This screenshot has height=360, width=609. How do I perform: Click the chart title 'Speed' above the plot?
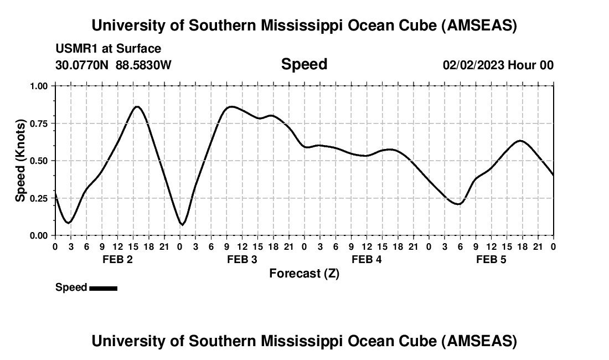point(304,64)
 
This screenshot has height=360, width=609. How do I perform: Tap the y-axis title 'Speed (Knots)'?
point(20,160)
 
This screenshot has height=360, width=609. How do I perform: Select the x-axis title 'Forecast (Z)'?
point(304,273)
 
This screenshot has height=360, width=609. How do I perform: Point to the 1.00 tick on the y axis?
point(39,86)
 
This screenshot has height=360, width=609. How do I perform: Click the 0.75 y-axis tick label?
point(39,124)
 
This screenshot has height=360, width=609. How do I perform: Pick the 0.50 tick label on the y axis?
point(39,161)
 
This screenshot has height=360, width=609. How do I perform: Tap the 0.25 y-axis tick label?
point(39,198)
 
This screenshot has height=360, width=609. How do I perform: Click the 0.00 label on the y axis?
point(39,235)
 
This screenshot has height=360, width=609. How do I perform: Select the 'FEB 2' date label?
point(117,259)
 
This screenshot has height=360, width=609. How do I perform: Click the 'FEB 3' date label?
point(242,259)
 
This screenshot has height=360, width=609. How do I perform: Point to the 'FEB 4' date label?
point(367,259)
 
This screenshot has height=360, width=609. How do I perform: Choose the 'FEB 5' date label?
point(491,259)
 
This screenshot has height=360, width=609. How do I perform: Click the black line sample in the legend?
point(103,288)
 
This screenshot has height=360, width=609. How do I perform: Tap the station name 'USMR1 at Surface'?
point(109,49)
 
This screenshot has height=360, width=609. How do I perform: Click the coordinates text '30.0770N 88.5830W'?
point(113,65)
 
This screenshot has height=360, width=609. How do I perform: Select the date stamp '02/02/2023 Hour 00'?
point(498,65)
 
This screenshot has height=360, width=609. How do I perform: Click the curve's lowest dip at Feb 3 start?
point(182,224)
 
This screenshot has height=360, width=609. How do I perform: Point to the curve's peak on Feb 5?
point(519,141)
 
